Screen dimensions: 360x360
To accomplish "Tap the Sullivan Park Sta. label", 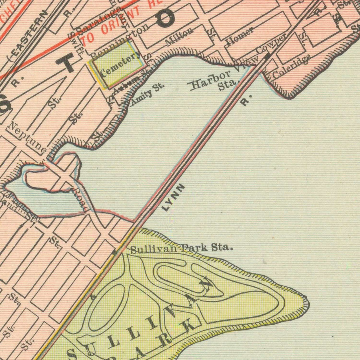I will pos(181,248).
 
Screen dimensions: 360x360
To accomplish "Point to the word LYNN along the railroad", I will pos(174,197).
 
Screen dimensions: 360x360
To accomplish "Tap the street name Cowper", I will pos(272,43).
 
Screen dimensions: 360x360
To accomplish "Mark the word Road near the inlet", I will pos(80,200).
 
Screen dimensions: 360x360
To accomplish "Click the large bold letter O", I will pos(165,18).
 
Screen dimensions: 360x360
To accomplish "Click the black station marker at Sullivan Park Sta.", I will pos(114,252).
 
